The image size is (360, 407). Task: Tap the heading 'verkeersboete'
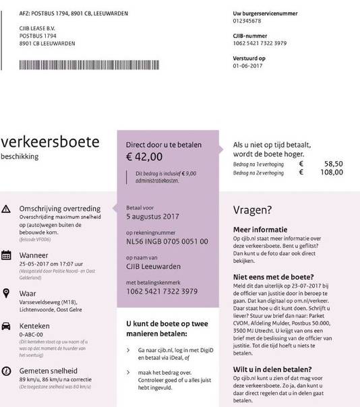[x=51, y=142]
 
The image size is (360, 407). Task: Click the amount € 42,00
[x=144, y=157]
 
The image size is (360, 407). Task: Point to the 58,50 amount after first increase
[x=332, y=163]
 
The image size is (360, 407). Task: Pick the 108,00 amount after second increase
[x=330, y=173]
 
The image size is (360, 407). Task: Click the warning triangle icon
[x=7, y=210]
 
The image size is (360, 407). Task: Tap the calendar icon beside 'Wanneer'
[x=7, y=255]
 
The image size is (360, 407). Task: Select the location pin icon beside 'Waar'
[x=7, y=292]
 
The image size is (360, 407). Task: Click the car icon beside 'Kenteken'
[x=7, y=325]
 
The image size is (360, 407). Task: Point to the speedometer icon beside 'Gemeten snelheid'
[x=7, y=371]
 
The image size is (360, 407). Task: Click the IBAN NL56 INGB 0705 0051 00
[x=167, y=241]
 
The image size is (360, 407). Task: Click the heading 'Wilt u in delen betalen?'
[x=272, y=370]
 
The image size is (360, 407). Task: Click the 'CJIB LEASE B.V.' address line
[x=43, y=28]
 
